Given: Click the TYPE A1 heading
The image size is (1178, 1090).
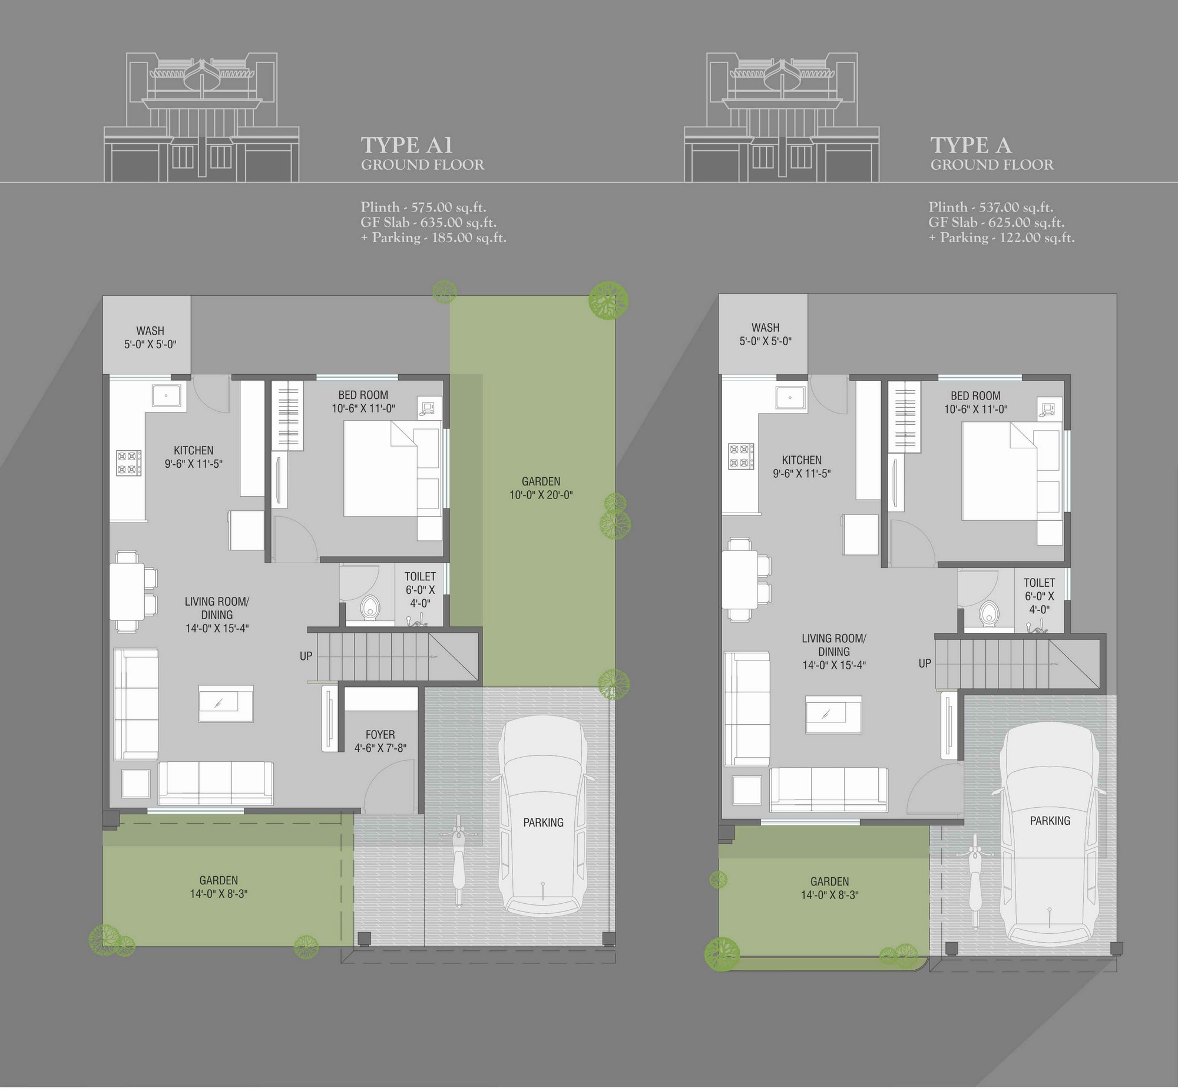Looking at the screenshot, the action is coord(407,144).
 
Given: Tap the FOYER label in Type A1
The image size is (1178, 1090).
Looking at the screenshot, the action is coord(380,734).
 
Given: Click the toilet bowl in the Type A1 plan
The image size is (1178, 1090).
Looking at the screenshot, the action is coord(370,607).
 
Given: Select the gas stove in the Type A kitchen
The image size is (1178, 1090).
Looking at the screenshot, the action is coord(742,456).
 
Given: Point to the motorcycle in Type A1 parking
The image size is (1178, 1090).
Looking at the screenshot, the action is coord(459,861).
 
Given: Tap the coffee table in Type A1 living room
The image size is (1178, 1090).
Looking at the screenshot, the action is coord(226,703).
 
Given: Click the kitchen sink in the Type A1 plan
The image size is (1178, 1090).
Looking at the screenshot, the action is coord(167,395).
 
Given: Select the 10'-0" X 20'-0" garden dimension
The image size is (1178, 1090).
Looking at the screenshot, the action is coord(541,495).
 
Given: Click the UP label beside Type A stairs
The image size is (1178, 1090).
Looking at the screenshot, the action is coord(925,663).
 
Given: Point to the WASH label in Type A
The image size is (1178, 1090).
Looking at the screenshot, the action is coord(765,328).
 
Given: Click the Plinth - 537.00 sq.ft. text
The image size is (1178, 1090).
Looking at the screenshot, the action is coord(991,207).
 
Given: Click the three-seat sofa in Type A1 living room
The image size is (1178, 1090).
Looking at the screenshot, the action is coord(216,782).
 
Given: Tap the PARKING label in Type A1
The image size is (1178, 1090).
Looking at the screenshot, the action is coord(544,823).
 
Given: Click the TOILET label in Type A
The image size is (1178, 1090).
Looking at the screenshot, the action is coord(1039,583).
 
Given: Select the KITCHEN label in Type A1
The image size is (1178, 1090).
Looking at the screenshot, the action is coord(193,450).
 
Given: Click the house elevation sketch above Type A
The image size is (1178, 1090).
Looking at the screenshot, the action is coord(782,117).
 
